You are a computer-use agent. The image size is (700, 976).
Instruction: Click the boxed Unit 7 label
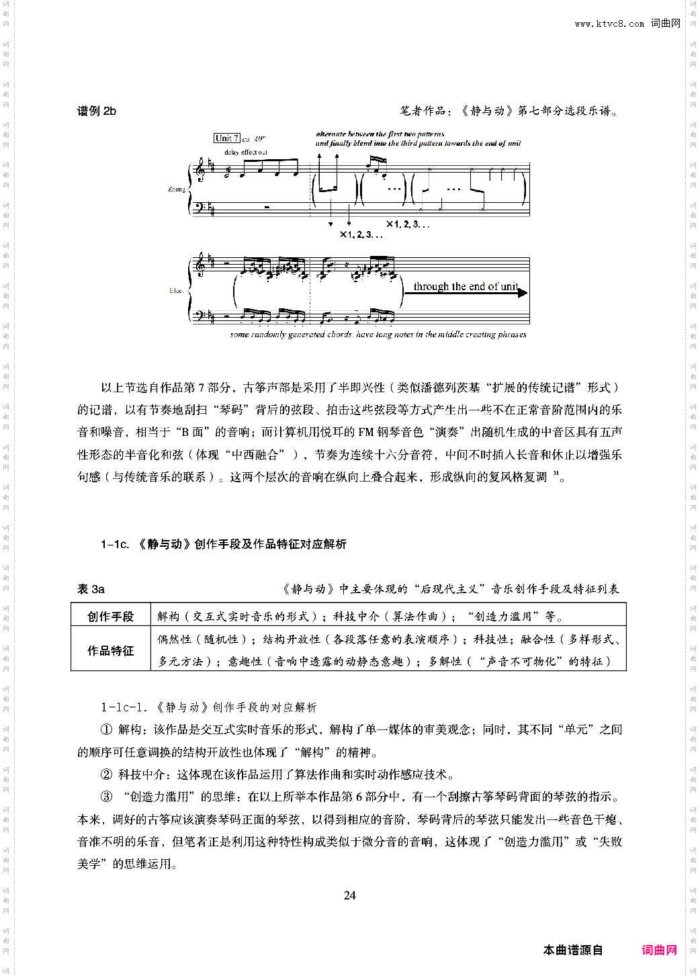coord(226,138)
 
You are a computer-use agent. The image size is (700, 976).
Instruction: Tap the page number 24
coord(349,895)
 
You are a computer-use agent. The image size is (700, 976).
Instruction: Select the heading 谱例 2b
coord(96,111)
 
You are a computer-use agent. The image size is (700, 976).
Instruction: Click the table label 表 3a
coord(91,589)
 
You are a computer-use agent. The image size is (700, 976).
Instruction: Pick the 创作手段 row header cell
coord(111,616)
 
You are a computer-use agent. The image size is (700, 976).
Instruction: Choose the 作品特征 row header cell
coord(111,650)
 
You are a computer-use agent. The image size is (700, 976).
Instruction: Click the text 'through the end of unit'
coord(465,287)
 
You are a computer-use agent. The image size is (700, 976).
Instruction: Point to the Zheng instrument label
coord(176,189)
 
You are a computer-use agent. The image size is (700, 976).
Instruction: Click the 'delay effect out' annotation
coord(245,152)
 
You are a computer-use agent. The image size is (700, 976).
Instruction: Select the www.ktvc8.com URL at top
coord(609,24)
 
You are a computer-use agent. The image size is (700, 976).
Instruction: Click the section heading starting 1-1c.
coord(223,544)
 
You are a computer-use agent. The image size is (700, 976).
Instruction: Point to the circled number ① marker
coord(106,729)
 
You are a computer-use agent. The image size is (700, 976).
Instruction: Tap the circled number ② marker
coord(106,774)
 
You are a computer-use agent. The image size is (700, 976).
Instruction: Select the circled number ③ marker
coord(106,797)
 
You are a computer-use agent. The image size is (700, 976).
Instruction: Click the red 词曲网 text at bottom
coord(659,950)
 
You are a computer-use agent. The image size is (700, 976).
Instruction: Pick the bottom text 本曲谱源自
coord(572,950)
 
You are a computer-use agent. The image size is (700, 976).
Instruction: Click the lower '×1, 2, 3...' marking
coord(361,234)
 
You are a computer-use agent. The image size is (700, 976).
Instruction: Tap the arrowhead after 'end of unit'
coord(523,293)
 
